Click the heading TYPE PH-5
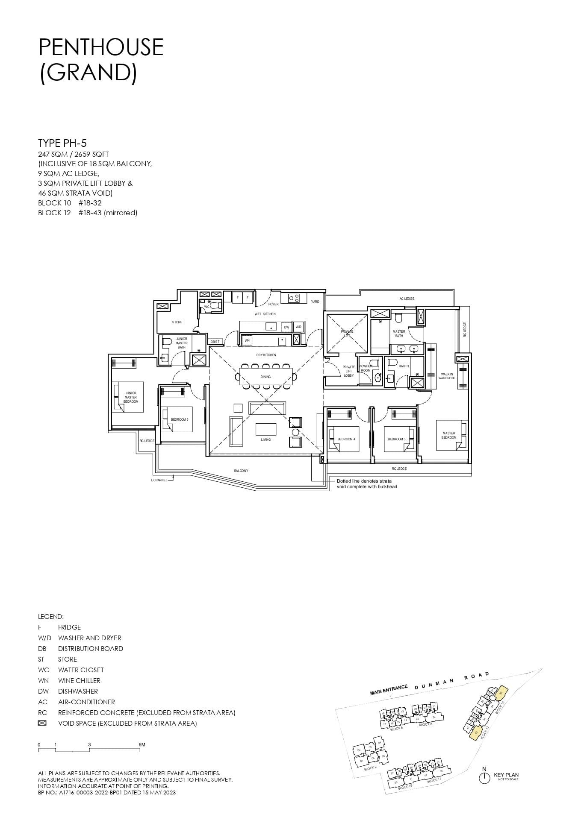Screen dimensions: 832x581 [62, 143]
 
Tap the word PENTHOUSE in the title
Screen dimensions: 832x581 [101, 47]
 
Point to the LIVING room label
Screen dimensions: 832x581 [265, 439]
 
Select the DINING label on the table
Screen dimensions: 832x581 [265, 377]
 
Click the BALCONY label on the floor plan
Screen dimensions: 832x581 [241, 471]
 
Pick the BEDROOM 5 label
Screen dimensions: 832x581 [179, 419]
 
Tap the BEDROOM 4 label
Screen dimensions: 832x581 [346, 439]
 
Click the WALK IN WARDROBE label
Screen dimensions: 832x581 [447, 376]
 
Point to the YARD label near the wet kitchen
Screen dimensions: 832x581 [315, 302]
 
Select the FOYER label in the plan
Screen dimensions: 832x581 [273, 304]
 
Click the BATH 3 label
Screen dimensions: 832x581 [404, 366]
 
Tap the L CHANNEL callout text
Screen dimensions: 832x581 [159, 480]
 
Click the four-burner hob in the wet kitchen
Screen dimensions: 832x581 [294, 298]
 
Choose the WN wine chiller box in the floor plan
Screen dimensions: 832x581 [247, 340]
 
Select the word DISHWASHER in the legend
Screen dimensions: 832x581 [78, 691]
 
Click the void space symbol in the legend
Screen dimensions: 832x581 [42, 723]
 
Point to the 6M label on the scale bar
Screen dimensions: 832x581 [142, 744]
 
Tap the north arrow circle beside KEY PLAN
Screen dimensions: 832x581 [484, 778]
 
